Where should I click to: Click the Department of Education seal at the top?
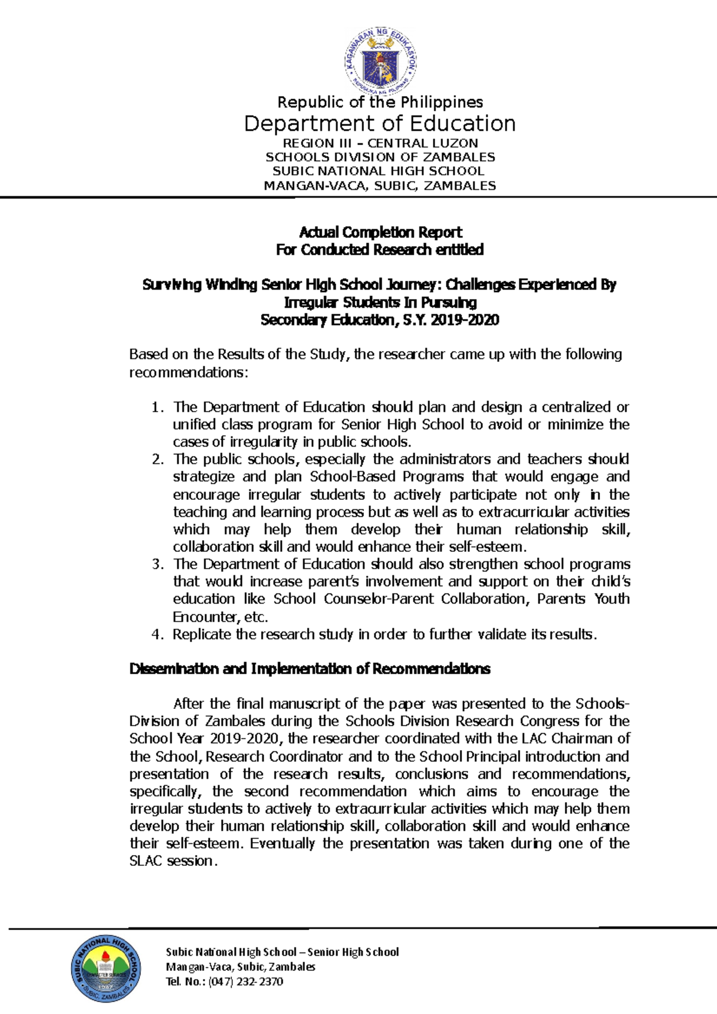380,61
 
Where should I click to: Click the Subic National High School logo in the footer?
106,969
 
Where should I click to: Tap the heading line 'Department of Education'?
380,124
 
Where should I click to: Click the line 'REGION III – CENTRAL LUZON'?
380,143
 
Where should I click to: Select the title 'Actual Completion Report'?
380,232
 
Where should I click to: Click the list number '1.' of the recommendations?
157,407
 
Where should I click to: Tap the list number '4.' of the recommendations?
157,634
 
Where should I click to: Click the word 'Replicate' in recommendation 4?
202,634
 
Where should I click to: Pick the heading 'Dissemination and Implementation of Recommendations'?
310,669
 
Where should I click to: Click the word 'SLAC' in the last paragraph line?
146,861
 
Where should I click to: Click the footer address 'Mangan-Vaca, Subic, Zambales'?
240,966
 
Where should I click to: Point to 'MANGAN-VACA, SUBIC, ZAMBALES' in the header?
380,186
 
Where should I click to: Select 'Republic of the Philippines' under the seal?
380,102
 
